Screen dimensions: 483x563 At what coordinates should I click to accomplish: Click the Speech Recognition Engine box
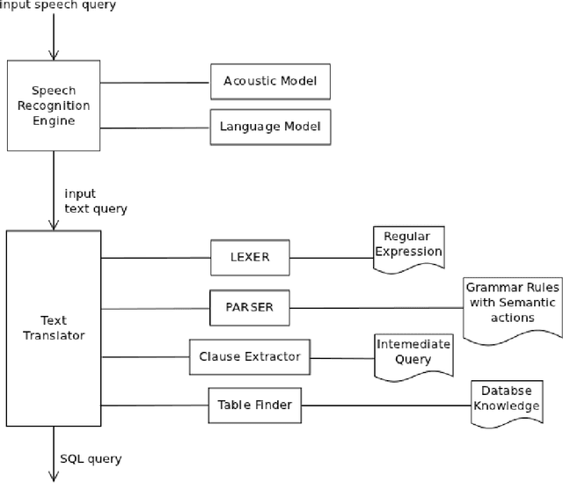tap(54, 105)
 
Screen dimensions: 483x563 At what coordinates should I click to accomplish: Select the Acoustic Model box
tap(263, 82)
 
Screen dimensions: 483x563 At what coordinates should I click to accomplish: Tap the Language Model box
tap(269, 128)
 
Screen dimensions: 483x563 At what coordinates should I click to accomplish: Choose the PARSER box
tap(249, 307)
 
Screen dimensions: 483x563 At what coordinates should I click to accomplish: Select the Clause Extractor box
tap(250, 356)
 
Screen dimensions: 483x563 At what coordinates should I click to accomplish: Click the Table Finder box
tap(253, 406)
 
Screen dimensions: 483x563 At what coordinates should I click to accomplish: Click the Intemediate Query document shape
tap(413, 354)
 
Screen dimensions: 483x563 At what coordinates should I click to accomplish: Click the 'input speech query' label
tap(57, 6)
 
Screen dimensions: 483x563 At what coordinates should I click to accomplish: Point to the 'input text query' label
tap(95, 201)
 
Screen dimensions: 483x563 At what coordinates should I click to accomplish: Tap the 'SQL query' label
tap(91, 458)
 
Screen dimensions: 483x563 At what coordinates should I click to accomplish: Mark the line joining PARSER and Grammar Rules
tap(376, 307)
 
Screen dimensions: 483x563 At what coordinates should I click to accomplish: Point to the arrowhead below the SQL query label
tap(54, 476)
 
